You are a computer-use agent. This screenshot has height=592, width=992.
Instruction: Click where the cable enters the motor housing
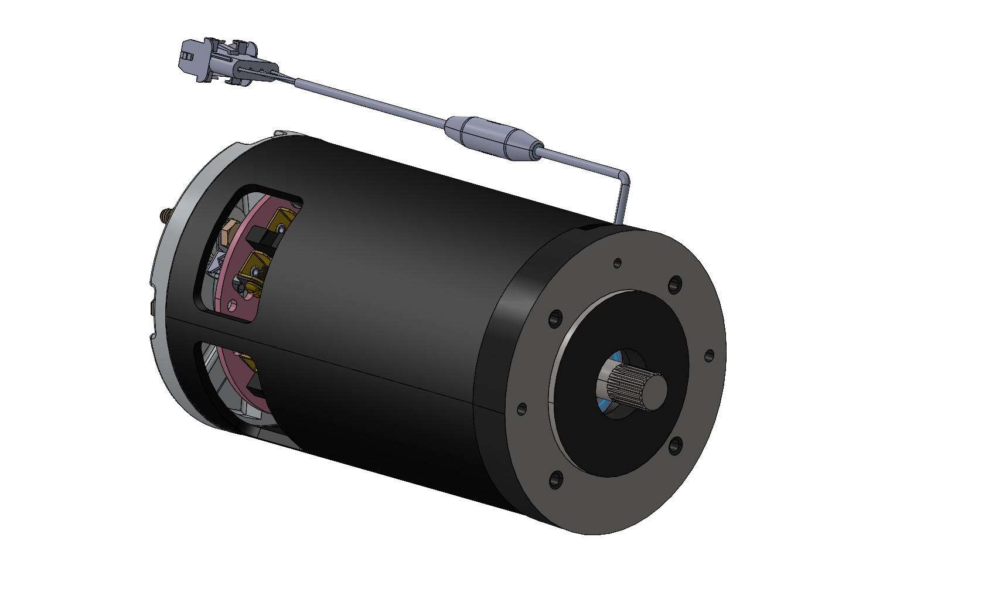coord(618,222)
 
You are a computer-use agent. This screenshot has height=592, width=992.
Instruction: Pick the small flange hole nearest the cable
coord(617,263)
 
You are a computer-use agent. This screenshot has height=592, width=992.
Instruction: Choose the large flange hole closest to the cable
coord(675,284)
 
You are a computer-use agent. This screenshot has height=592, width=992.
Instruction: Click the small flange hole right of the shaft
coord(708,355)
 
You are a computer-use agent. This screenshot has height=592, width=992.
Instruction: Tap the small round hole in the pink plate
coord(233,305)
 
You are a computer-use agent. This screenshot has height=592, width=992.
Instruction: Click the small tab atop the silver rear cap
coord(281,134)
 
